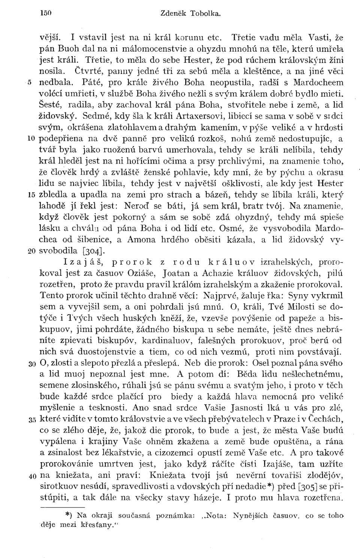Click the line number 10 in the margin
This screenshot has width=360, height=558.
click(32, 139)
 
